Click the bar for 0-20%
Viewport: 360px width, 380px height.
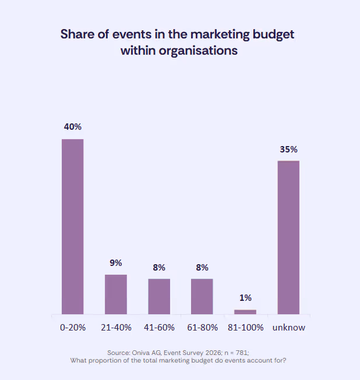(x=73, y=226)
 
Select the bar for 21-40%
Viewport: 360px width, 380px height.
(x=116, y=294)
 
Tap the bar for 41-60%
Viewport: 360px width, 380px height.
(x=159, y=296)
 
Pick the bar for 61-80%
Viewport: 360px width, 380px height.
(x=202, y=296)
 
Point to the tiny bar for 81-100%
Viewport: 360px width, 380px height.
(x=245, y=312)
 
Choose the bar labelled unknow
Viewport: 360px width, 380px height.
(x=288, y=237)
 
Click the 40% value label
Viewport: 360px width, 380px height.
(x=73, y=126)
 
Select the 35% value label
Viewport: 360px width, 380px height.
(x=288, y=149)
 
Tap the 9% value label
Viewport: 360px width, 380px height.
(x=116, y=262)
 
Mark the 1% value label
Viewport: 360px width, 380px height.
(x=245, y=297)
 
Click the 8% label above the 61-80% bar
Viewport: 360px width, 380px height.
(x=202, y=267)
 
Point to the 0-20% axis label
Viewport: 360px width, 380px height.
(x=73, y=328)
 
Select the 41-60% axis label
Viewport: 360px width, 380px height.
(x=159, y=328)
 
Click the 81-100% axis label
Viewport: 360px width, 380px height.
(x=245, y=328)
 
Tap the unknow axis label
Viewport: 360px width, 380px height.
(x=288, y=328)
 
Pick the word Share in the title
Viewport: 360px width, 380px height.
(x=77, y=34)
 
